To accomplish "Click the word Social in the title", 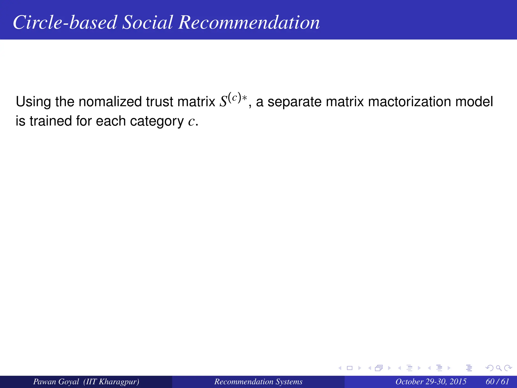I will (147, 22).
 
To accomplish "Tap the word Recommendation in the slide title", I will (249, 22).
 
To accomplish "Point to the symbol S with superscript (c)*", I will (232, 101).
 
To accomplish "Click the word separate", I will (294, 102).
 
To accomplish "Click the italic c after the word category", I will (191, 122).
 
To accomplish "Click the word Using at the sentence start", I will (33, 102).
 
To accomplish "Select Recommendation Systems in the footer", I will (258, 381).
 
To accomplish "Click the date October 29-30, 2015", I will (431, 381).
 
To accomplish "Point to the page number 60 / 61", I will (497, 381).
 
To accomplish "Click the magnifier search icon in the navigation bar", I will (499, 368).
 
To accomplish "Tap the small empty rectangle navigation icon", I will (350, 368).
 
